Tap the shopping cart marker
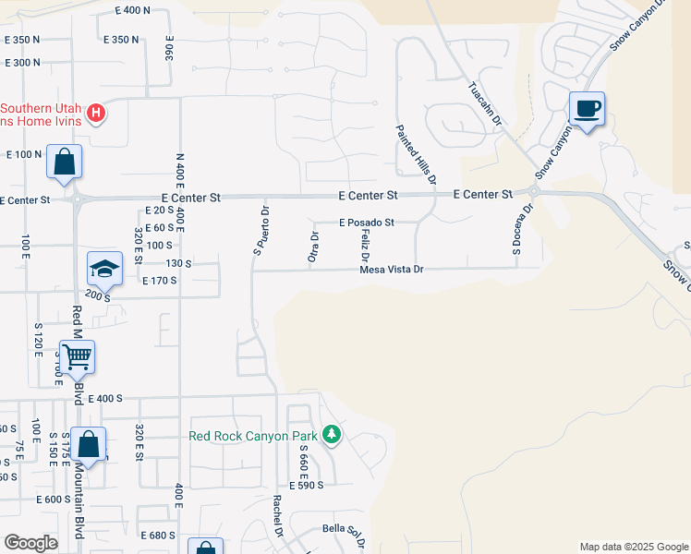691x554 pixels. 77,355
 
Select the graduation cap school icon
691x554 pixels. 104,269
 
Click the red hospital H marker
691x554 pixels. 96,114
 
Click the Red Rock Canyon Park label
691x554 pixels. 252,436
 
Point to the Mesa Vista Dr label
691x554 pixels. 391,270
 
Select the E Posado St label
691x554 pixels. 366,223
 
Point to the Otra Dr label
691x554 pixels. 314,250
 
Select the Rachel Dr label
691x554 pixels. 276,516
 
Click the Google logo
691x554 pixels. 30,543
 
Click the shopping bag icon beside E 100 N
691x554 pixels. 64,163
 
